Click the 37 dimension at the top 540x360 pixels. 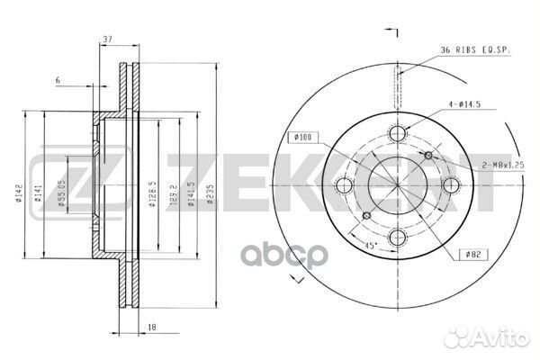pos(107,40)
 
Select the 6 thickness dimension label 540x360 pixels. pos(57,81)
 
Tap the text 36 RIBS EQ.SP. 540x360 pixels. pos(474,49)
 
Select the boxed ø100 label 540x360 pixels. pos(301,138)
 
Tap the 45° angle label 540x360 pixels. pos(371,242)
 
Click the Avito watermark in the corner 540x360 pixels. pos(497,340)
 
